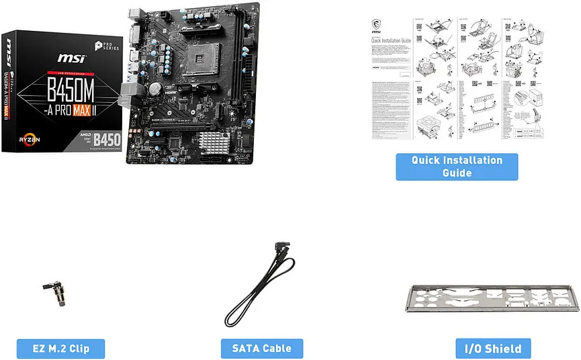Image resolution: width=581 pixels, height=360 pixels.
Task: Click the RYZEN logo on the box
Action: coord(23,138)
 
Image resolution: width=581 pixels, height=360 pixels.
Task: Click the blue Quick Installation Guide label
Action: coord(457,167)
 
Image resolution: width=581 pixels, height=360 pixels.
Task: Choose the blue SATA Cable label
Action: coord(262,349)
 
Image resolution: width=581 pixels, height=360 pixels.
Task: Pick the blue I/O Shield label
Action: coord(493,349)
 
